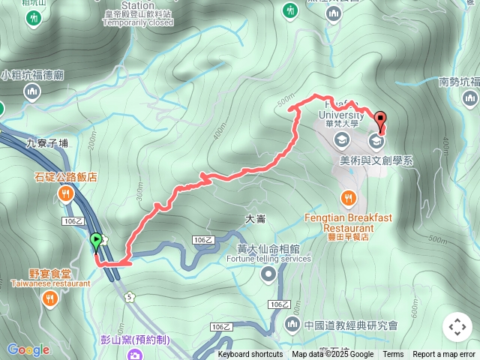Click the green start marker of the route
[x=96, y=241]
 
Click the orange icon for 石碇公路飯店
[x=66, y=194]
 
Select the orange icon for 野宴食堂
[x=50, y=299]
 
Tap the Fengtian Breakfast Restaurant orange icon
[x=348, y=198]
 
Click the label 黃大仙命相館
[x=268, y=248]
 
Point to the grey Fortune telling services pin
[x=268, y=275]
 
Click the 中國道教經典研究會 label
[x=351, y=325]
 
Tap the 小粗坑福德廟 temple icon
[x=31, y=92]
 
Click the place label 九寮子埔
[x=46, y=142]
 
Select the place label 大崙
[x=256, y=219]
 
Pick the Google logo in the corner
[x=28, y=349]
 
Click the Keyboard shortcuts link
[x=250, y=355]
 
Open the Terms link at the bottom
[x=393, y=355]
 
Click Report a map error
[x=444, y=355]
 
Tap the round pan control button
[x=457, y=327]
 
